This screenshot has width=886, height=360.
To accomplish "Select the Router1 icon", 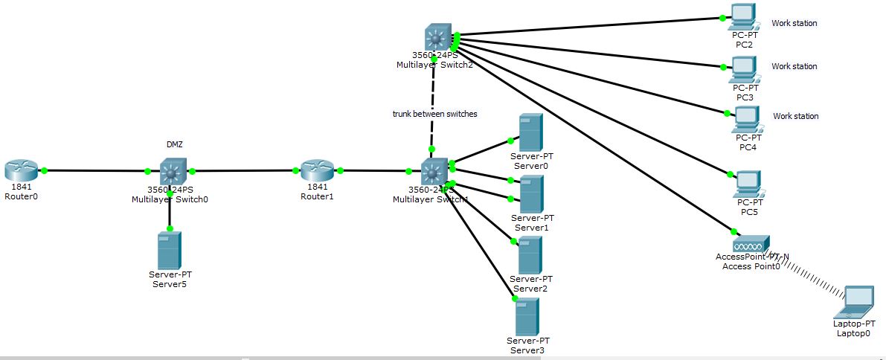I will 318,170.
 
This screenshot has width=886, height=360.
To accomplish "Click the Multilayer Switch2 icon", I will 434,37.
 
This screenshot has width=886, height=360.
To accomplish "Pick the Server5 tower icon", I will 170,250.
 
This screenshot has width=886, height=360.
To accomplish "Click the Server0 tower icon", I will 530,132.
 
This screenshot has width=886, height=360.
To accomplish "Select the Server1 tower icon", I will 530,193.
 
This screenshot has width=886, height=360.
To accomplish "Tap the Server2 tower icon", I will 530,254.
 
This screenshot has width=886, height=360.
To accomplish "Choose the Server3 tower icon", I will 527,316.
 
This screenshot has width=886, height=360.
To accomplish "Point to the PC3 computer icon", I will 743,68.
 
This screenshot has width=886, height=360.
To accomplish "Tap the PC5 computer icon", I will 747,184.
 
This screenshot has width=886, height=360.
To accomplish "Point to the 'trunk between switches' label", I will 434,114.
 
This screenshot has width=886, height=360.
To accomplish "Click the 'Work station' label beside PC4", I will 795,116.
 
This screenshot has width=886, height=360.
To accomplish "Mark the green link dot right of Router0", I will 44,170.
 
